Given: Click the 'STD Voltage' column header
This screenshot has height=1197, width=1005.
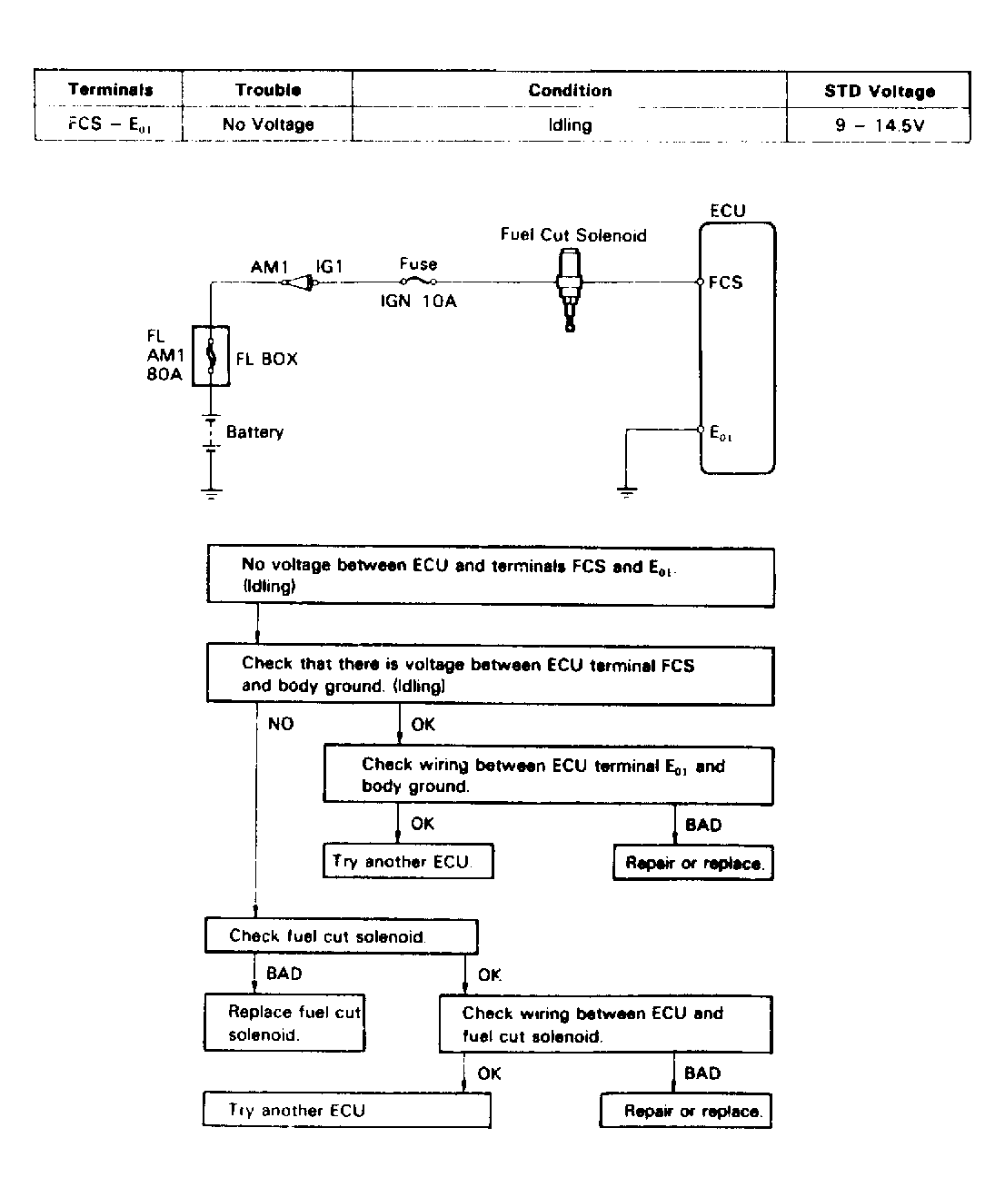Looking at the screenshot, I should tap(879, 91).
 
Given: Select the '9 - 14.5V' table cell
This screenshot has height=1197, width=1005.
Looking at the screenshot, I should tap(879, 125).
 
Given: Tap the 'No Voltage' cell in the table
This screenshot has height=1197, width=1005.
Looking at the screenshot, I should tap(268, 125).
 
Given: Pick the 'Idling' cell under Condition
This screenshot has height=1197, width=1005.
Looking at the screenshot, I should tap(570, 125).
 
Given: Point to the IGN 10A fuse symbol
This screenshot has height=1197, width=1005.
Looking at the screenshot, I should tap(418, 282).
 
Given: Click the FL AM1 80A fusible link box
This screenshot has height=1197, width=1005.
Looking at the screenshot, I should tap(211, 356).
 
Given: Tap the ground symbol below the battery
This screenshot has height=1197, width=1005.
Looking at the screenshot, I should tap(211, 493).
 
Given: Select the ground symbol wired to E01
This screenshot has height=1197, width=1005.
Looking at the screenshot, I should tap(627, 492).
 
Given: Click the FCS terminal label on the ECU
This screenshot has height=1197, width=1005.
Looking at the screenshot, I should tap(725, 282).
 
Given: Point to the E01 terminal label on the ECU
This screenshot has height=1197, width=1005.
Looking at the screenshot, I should tap(721, 433).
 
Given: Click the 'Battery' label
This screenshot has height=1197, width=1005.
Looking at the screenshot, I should tap(254, 432).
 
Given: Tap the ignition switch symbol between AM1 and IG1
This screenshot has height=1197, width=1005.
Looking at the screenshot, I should tap(300, 283).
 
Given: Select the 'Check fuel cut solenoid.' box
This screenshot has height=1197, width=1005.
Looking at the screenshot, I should tap(341, 936).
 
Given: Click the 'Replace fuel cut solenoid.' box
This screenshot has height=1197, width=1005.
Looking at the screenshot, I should tap(284, 1024).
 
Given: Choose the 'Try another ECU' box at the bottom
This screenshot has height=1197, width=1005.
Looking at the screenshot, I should tap(346, 1111).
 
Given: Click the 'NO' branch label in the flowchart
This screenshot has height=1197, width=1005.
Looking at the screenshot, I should tap(281, 724).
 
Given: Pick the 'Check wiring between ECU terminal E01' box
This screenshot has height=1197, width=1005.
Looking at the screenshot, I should tap(548, 776).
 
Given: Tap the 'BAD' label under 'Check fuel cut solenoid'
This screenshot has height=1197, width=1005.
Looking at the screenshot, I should tap(284, 974).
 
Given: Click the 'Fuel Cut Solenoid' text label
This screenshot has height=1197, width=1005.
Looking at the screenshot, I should tap(573, 235).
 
